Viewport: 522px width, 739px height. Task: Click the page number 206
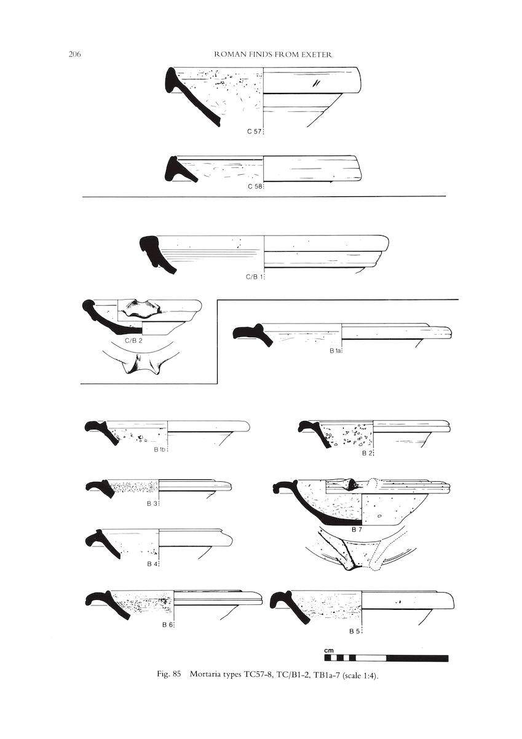74,54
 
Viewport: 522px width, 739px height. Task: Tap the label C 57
255,132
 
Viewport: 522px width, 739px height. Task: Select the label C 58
255,186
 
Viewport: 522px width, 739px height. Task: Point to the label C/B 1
254,278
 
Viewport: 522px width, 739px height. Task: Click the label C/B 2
134,340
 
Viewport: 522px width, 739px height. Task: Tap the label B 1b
160,450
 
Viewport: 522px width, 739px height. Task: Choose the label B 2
366,453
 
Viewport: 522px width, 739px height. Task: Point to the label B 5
354,632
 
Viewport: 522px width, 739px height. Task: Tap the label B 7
357,540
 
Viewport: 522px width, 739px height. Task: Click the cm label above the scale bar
329,651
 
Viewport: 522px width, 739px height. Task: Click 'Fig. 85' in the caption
169,674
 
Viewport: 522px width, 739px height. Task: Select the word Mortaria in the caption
203,674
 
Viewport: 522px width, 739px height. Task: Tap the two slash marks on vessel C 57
315,84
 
